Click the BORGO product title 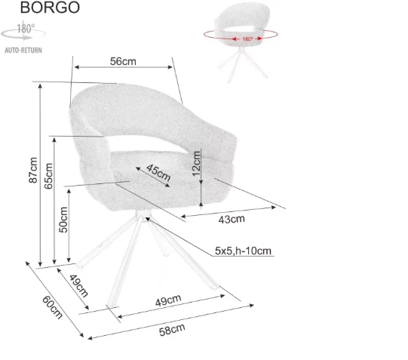50,8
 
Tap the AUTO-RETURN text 23,51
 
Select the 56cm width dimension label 123,61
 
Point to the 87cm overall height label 33,170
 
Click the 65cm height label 48,176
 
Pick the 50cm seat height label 63,220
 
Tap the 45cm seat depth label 158,172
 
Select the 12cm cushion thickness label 196,164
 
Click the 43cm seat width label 232,219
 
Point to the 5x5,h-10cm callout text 243,251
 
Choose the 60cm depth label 52,307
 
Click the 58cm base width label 172,330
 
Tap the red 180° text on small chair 247,39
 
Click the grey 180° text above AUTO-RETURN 26,29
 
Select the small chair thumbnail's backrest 243,17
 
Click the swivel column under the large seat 143,215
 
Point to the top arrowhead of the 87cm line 40,86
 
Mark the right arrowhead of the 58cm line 251,305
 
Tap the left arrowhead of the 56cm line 77,67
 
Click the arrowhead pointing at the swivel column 147,219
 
